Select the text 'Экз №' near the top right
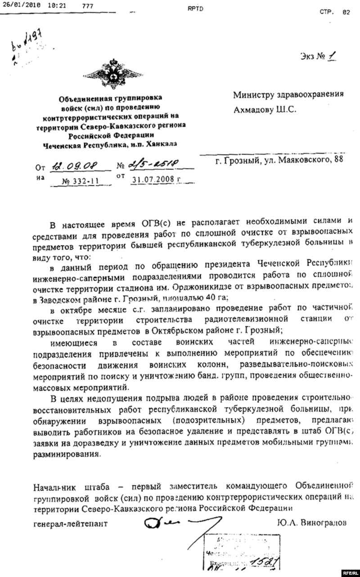[x=310, y=58]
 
